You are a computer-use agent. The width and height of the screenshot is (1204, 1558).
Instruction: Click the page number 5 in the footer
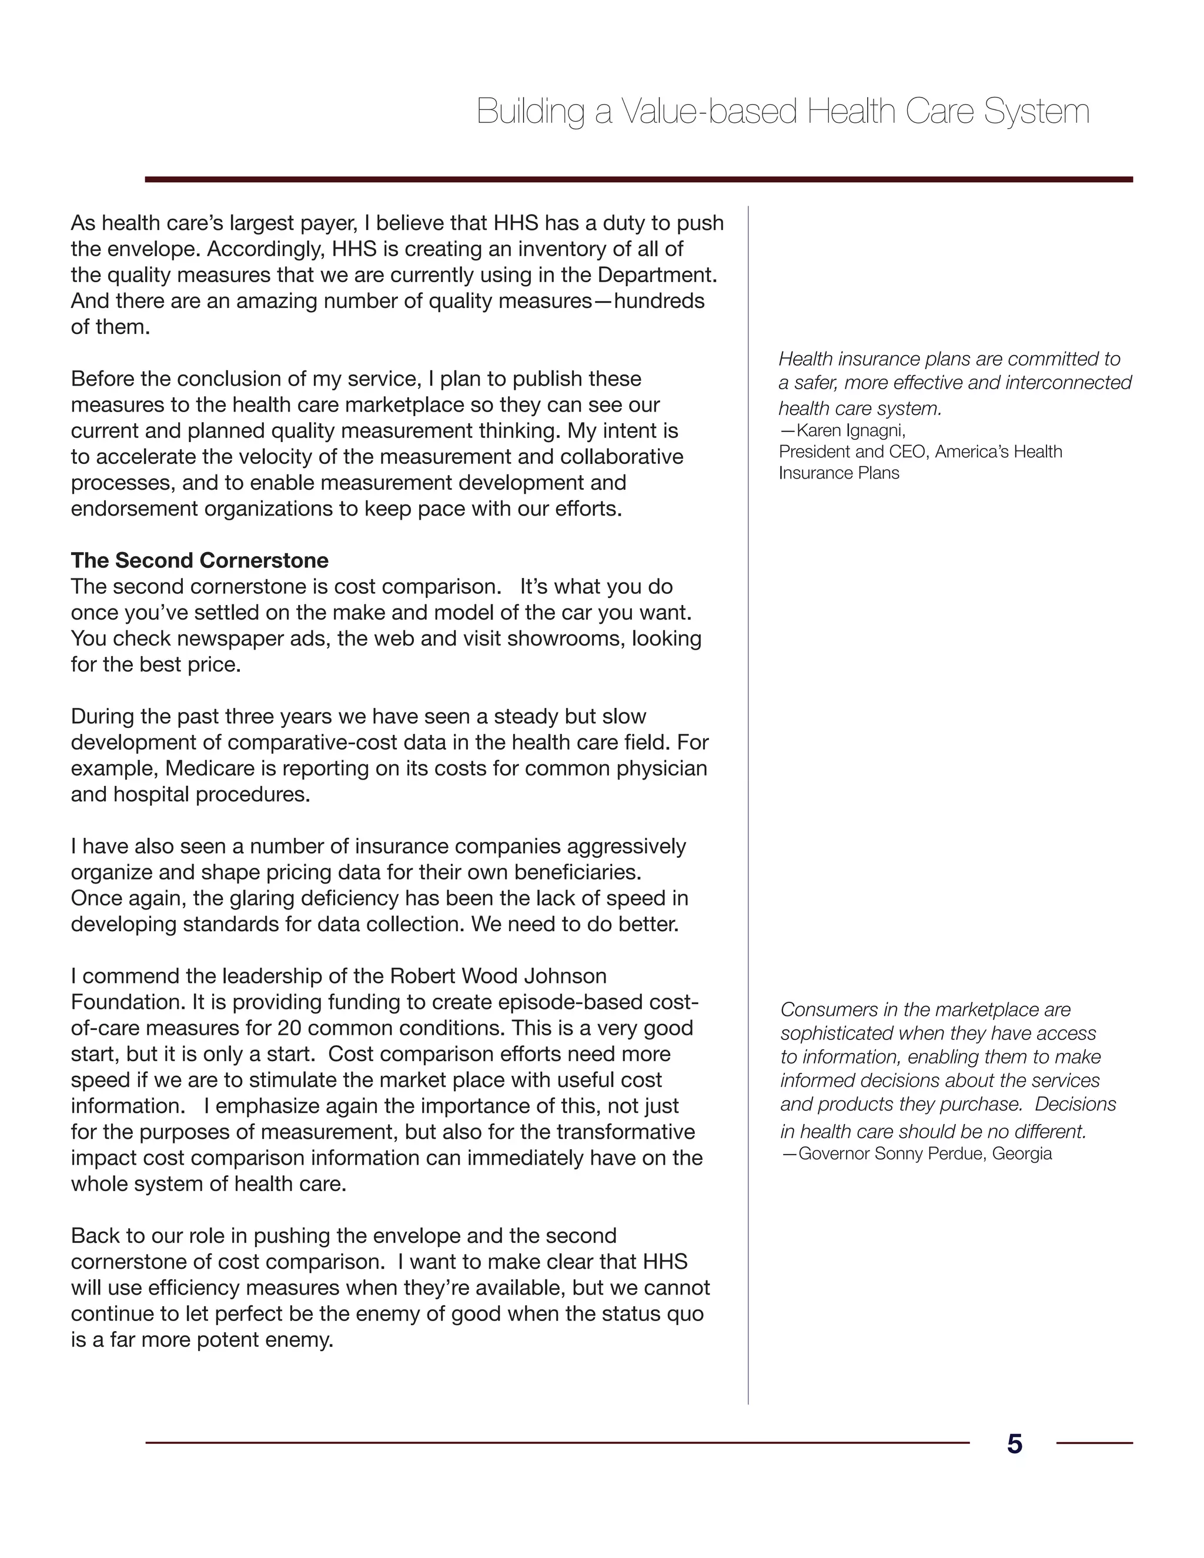tap(1014, 1443)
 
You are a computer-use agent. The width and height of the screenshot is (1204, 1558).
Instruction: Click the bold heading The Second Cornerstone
tap(200, 560)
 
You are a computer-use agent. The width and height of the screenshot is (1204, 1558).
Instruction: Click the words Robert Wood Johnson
tap(497, 976)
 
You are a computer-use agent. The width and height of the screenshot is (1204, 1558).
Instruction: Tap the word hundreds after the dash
tap(659, 301)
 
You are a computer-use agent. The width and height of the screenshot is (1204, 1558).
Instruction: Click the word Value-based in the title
tap(708, 112)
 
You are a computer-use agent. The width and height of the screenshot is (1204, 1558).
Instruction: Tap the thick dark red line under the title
tap(638, 180)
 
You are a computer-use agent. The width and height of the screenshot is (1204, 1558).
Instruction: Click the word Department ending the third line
tap(656, 275)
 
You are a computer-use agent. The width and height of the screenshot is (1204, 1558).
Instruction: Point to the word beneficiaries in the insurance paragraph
tap(576, 872)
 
